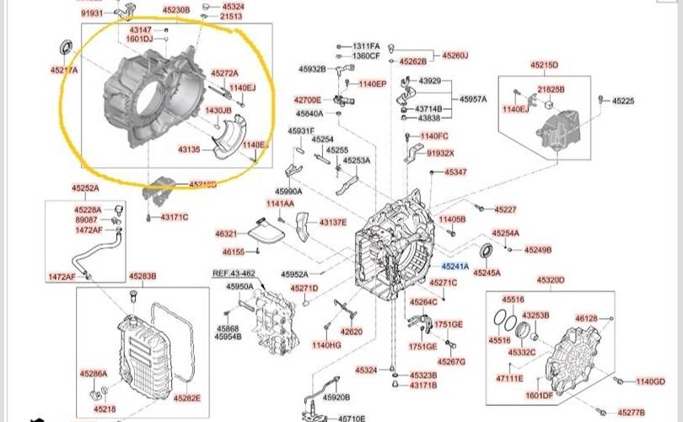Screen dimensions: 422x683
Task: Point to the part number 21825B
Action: pos(551,89)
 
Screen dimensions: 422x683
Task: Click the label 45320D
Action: pos(550,280)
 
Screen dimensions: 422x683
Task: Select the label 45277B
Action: pos(630,412)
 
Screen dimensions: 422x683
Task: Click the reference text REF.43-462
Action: pos(233,273)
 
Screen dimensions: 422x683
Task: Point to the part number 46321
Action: pos(226,234)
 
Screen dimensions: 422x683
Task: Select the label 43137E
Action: pos(332,222)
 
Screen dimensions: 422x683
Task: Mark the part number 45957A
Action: pos(473,99)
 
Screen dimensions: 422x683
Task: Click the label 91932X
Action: pos(440,154)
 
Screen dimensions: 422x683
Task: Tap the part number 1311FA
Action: pos(367,46)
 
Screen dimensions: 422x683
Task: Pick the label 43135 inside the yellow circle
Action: pos(188,149)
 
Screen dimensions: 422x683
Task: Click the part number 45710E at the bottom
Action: pos(352,417)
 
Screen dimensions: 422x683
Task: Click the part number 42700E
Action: pos(308,100)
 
